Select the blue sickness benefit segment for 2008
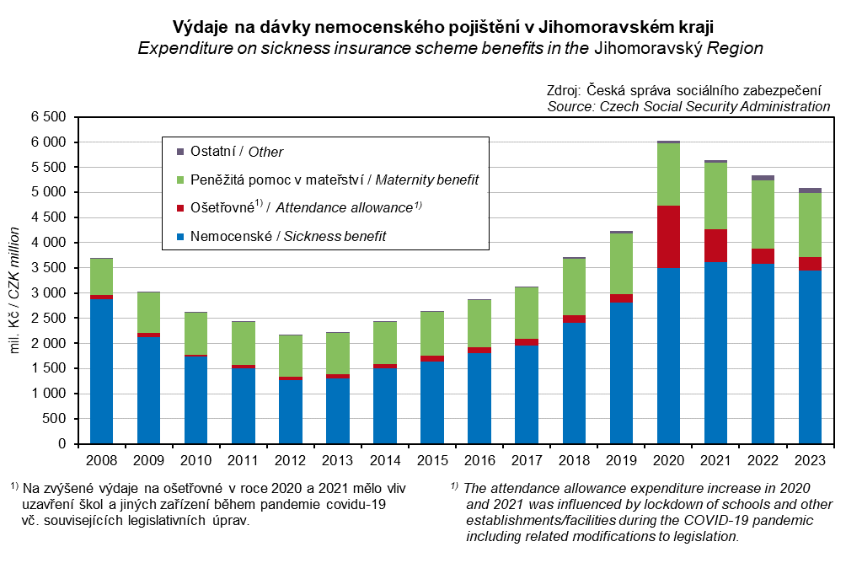pos(102,371)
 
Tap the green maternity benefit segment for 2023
pos(810,225)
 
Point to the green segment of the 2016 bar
pos(479,323)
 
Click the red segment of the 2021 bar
pos(715,245)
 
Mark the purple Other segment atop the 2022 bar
pos(763,178)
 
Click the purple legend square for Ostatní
pos(179,152)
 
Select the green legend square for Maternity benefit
pos(179,180)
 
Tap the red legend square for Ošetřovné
pos(179,207)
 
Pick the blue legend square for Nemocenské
pos(179,236)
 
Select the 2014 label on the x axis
pos(385,460)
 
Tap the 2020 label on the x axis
pos(668,460)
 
